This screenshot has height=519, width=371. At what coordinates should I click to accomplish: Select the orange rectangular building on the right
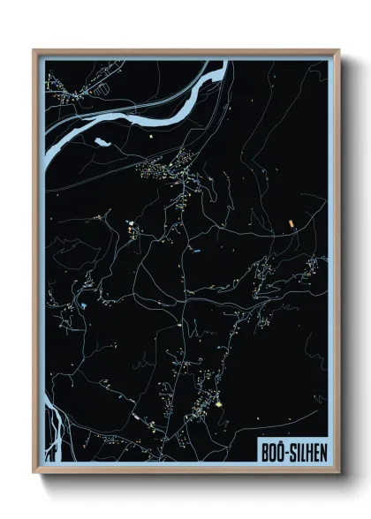click(289, 223)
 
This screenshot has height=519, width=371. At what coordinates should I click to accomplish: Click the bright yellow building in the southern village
click(218, 404)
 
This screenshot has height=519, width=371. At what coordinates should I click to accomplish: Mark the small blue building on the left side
click(83, 305)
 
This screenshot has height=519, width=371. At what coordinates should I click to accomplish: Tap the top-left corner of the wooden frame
click(34, 50)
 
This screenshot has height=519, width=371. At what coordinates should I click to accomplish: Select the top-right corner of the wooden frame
click(338, 50)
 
